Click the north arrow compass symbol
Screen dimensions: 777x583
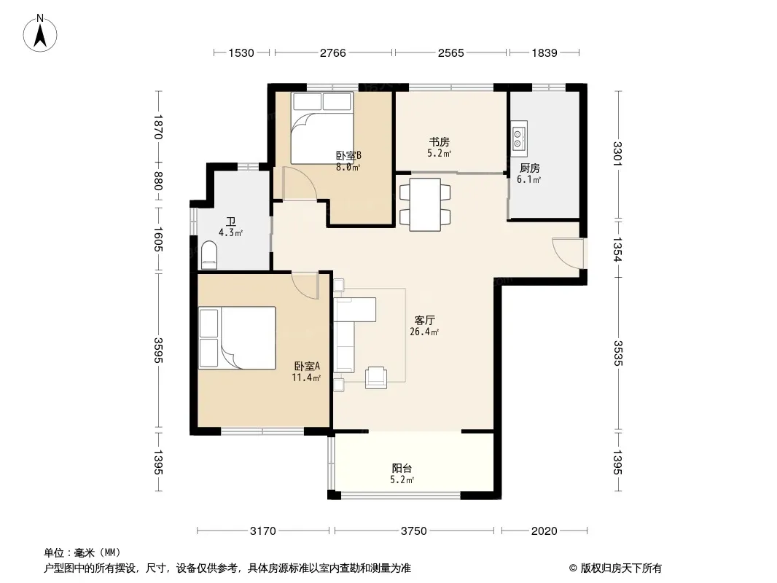click(x=40, y=34)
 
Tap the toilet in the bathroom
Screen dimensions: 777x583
click(x=209, y=254)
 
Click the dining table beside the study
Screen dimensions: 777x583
click(x=425, y=205)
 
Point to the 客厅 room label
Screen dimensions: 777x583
click(x=425, y=321)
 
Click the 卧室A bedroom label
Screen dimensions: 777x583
click(x=308, y=366)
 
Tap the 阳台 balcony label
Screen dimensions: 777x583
click(x=402, y=468)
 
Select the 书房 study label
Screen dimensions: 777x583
click(x=439, y=142)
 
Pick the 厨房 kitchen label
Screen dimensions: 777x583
click(x=530, y=168)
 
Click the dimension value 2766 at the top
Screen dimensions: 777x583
click(x=333, y=52)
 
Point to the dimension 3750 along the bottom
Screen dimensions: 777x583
click(x=414, y=531)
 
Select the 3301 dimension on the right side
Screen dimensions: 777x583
click(x=617, y=154)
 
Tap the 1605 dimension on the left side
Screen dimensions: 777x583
click(x=158, y=239)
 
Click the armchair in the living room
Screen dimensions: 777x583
click(x=375, y=378)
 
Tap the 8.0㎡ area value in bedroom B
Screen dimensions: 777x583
click(x=348, y=167)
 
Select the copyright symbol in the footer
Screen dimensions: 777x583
click(x=573, y=568)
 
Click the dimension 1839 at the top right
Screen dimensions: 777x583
click(x=544, y=52)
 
